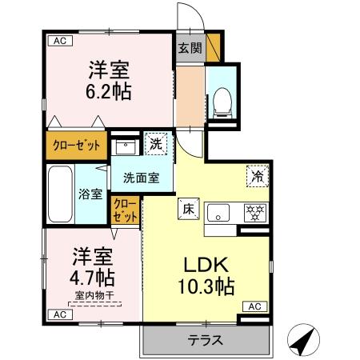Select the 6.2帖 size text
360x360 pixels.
[109, 90]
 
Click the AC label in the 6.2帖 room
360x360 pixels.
[58, 39]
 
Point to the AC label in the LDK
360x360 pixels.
[254, 306]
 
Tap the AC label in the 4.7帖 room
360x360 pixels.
[58, 315]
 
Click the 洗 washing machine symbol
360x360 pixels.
[158, 145]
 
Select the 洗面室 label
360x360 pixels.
[141, 178]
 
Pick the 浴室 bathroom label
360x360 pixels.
[90, 194]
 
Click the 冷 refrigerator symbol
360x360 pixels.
[258, 175]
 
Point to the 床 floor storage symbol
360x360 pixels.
[188, 207]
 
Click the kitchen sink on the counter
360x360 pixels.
[220, 214]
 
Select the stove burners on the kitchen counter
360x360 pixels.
[255, 214]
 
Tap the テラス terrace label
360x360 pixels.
[205, 340]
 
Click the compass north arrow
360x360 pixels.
[300, 342]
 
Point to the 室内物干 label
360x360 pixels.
[94, 296]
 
